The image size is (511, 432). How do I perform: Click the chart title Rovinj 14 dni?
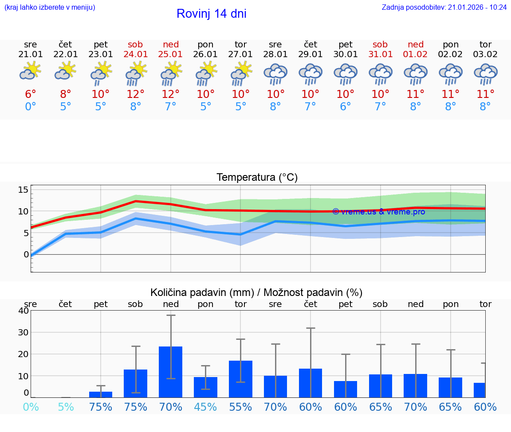coord(211,14)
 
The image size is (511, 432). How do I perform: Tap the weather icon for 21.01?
coord(30,71)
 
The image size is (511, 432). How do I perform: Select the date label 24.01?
coord(135,54)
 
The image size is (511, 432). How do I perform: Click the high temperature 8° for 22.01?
coord(66,94)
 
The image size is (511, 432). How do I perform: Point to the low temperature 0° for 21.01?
coord(30,107)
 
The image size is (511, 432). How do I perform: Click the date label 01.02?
coord(416,54)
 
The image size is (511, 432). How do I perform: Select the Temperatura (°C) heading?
coord(257,178)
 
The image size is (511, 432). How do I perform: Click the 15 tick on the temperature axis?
coord(23,190)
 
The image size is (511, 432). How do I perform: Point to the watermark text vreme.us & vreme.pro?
coord(378,212)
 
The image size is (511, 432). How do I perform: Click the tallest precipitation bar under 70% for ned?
coord(171,372)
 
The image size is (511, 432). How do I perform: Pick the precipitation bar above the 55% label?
coord(240,379)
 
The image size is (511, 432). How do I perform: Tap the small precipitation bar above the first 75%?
coord(101,394)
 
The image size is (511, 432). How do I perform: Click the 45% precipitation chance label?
coord(205,407)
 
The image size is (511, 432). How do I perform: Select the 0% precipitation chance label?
coord(30,407)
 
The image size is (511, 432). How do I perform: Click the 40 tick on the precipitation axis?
coord(23,311)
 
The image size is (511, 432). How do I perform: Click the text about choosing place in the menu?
coord(50,8)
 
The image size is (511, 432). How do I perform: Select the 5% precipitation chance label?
coord(66,407)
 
